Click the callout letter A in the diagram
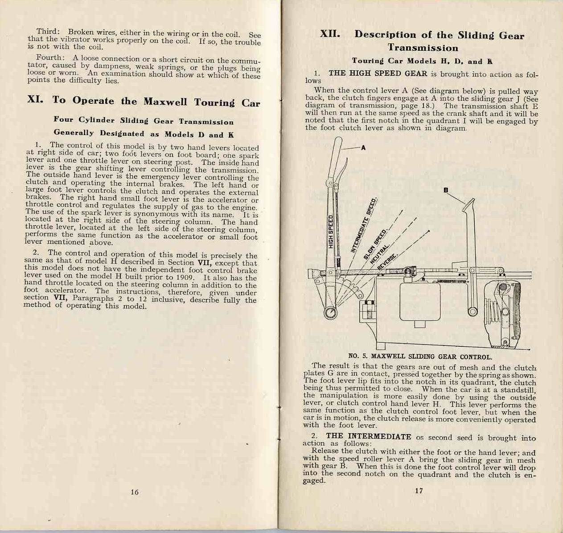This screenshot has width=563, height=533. pos(363,148)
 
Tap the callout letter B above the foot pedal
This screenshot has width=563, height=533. pos(445,190)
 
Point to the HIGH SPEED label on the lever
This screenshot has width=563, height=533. pos(331,231)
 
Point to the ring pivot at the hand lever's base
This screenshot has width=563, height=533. pos(330,313)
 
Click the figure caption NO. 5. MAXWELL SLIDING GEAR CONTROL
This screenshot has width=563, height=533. pos(420,357)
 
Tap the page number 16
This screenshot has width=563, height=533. pos(135,492)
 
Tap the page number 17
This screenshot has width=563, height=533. pos(419,491)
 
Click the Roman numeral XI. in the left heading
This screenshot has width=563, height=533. pos(35,100)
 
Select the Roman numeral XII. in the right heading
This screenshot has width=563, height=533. pos(330,34)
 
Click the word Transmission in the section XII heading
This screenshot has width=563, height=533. pos(423,48)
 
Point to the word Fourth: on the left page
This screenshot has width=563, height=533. pos(50,58)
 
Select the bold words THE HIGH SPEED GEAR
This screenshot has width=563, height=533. pos(378,74)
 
